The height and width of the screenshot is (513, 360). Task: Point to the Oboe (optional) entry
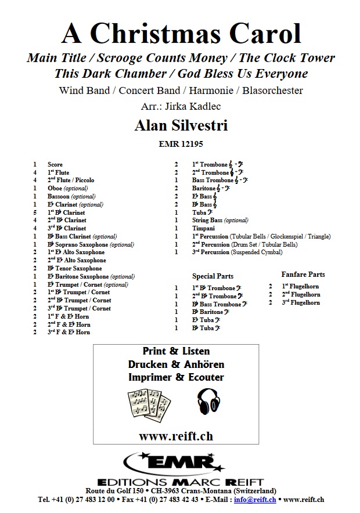click(x=67, y=188)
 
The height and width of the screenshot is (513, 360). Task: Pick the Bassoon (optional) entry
click(x=71, y=196)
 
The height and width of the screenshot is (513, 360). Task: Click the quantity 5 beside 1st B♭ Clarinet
click(x=35, y=212)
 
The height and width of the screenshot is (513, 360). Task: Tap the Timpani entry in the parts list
click(x=204, y=229)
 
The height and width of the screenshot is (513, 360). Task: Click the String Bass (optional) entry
click(x=220, y=221)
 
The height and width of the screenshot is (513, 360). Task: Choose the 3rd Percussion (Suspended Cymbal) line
click(x=237, y=252)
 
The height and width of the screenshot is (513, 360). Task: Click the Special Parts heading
click(x=213, y=276)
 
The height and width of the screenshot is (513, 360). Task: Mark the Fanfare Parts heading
click(x=303, y=274)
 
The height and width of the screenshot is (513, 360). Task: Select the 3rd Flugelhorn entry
click(x=301, y=302)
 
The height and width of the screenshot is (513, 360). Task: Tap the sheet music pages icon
click(x=147, y=404)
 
